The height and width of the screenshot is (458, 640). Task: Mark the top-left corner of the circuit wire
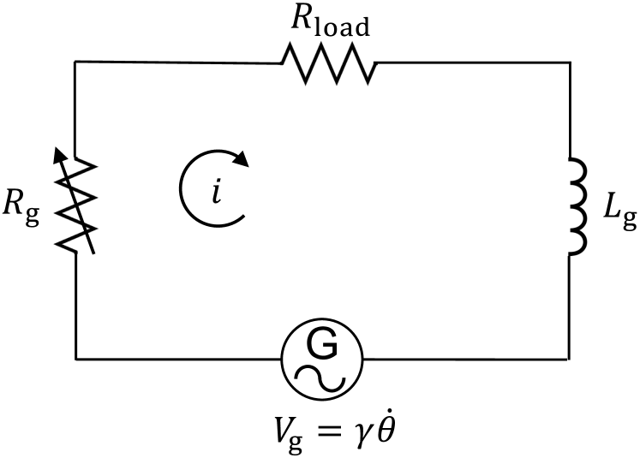click(x=76, y=62)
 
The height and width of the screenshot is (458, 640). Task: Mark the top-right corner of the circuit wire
click(x=570, y=62)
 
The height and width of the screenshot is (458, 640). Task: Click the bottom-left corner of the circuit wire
click(x=76, y=357)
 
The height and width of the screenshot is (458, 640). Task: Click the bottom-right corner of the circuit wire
click(x=570, y=357)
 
